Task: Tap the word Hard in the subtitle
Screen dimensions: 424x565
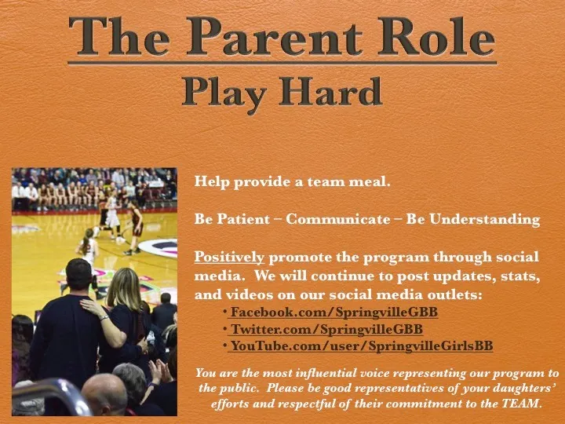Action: coord(332,93)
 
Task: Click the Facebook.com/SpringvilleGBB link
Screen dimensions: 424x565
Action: coord(334,312)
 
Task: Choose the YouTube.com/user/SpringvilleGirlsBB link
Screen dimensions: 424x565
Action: coord(361,345)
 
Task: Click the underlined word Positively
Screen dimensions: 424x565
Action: coord(229,257)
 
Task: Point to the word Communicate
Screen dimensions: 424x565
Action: coord(338,220)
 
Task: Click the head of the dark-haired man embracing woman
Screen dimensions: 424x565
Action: coord(78,275)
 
